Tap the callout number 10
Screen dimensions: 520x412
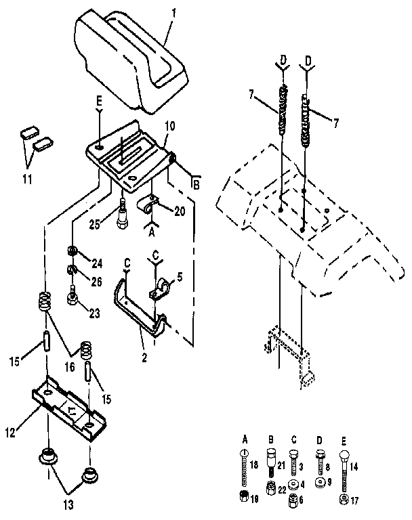coord(169,127)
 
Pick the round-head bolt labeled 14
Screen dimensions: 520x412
coord(345,468)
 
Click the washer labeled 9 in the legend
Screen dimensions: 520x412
coord(320,483)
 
